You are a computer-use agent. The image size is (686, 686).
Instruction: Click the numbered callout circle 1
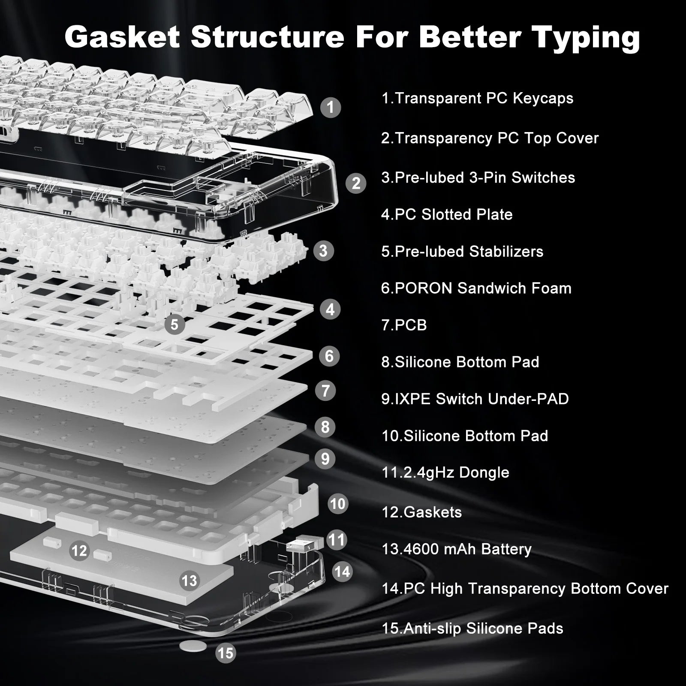330,107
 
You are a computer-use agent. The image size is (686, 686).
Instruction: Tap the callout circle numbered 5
175,324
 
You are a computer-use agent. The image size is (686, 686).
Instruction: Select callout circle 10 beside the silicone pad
338,503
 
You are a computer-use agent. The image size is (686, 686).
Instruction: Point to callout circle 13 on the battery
189,581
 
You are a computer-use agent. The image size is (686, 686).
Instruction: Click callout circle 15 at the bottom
226,653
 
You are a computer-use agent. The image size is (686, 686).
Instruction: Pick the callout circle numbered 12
79,551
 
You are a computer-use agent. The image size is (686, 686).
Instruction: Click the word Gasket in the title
122,37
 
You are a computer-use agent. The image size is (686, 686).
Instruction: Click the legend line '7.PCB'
404,325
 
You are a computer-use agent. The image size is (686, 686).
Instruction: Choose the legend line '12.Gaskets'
421,512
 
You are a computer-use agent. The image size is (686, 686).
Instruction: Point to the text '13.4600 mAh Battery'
456,549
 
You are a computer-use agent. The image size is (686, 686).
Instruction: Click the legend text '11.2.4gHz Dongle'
445,472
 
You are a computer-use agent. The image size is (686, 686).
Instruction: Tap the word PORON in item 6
423,288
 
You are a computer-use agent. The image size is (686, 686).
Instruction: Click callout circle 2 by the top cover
356,183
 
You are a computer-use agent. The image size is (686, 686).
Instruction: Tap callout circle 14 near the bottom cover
342,572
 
